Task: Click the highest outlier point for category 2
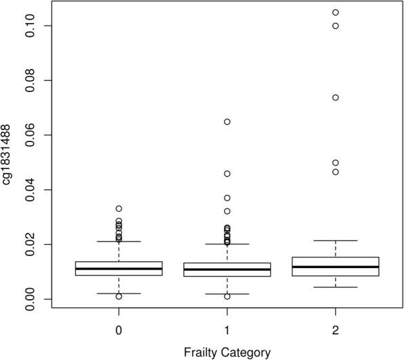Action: tap(336, 12)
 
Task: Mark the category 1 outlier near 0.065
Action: tap(227, 122)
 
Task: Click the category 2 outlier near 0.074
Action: tap(336, 97)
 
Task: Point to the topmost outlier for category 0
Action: tap(119, 208)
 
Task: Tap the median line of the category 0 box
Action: tap(119, 269)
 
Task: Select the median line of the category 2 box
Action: tap(336, 267)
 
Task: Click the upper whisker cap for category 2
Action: tap(336, 240)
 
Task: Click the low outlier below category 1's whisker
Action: tap(227, 296)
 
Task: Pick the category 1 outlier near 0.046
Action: tap(227, 174)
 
